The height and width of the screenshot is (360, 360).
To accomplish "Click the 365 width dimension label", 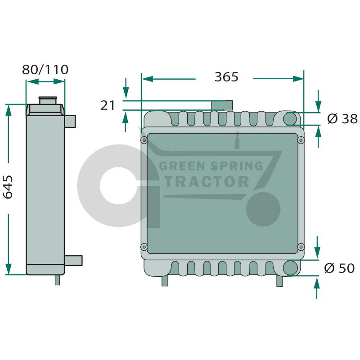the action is pyautogui.click(x=226, y=77).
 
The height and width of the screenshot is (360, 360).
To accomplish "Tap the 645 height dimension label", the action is pyautogui.click(x=8, y=187).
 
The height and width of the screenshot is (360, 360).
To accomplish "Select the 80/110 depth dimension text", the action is pyautogui.click(x=45, y=70).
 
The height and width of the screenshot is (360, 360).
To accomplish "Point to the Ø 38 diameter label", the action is pyautogui.click(x=342, y=119).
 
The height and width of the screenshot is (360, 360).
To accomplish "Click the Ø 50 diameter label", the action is pyautogui.click(x=339, y=268).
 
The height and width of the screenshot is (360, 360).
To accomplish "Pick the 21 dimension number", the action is pyautogui.click(x=108, y=105).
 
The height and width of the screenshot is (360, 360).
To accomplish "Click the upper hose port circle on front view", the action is pyautogui.click(x=290, y=119).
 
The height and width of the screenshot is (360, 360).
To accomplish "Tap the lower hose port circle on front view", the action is pyautogui.click(x=290, y=268).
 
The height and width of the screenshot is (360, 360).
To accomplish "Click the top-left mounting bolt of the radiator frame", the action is pyautogui.click(x=144, y=140).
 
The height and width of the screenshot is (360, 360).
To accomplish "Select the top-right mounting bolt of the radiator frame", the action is pyautogui.click(x=301, y=140).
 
